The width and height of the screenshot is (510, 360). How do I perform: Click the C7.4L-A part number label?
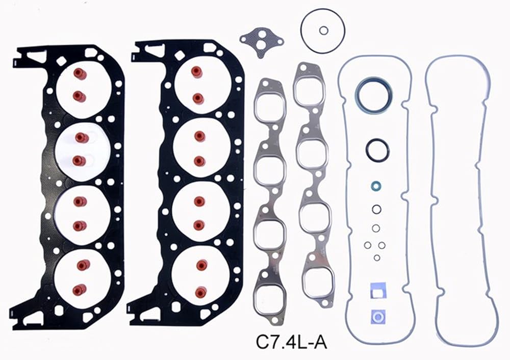point(291,342)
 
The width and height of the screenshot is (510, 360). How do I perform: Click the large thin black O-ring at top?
point(323,9)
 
